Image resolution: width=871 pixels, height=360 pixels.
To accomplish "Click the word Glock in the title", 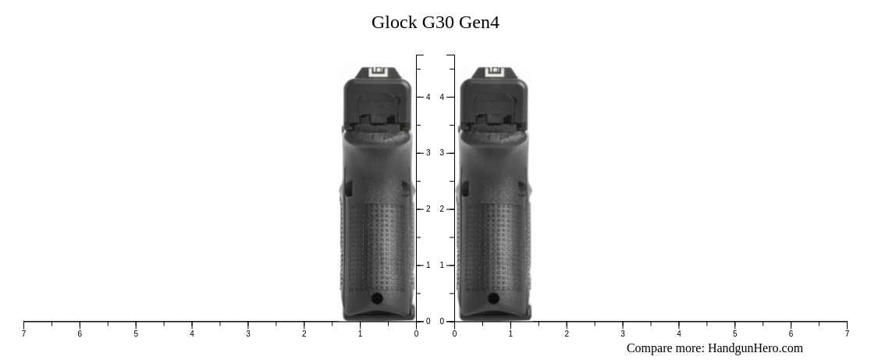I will tap(394, 23).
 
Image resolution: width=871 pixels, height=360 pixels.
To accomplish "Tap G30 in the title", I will tap(438, 23).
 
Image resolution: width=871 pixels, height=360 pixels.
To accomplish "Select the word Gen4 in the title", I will tap(479, 23).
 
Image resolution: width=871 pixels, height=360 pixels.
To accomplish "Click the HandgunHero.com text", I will tap(755, 348).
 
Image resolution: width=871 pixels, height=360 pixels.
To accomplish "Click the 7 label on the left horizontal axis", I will tap(23, 334).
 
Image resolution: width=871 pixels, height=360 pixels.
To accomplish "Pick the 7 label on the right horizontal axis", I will tap(847, 334).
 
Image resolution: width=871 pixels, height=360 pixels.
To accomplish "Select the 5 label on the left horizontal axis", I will tap(136, 334).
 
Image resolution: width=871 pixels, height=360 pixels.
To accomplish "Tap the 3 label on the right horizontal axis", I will tap(623, 334).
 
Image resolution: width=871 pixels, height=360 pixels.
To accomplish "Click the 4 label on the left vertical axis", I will tap(428, 97).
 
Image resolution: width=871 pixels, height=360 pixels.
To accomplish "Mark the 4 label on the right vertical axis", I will tap(442, 97).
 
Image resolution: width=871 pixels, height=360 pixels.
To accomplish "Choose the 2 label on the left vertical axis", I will tap(428, 209).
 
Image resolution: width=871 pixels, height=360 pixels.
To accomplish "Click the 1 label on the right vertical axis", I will tap(442, 266).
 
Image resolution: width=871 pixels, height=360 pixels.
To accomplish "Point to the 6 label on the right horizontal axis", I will tap(791, 334).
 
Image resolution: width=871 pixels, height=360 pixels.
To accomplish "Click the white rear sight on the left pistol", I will tap(378, 72).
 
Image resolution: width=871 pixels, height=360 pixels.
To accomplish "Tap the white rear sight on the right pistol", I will tap(494, 72).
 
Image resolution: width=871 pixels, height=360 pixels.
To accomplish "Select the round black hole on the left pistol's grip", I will tap(377, 298).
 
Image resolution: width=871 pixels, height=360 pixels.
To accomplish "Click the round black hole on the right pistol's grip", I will tap(493, 298).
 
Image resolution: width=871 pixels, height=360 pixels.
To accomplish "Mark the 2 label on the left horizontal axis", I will tap(304, 334).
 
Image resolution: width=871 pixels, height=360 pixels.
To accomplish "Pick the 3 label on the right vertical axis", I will tap(442, 153).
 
